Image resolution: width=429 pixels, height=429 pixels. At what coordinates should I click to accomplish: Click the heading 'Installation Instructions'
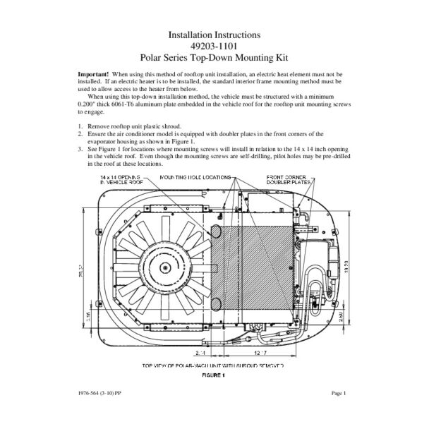coord(214,33)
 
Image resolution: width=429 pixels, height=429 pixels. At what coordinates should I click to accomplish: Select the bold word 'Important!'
coord(92,74)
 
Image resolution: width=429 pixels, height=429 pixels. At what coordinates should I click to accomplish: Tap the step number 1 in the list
coord(80,126)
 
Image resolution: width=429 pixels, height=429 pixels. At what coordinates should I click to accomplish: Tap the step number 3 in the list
coord(80,150)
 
